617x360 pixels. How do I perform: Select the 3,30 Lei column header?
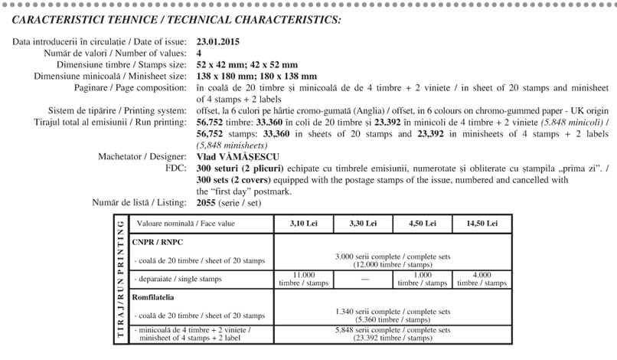point(361,224)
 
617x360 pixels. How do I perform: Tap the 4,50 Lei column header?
point(419,224)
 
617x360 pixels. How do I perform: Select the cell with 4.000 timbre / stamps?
point(482,279)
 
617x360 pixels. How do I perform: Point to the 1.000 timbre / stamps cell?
point(419,279)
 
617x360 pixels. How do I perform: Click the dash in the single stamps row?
point(361,280)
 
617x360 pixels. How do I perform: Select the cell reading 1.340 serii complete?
point(391,316)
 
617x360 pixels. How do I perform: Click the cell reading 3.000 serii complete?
point(391,259)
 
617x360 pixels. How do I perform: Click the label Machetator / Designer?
point(142,156)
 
